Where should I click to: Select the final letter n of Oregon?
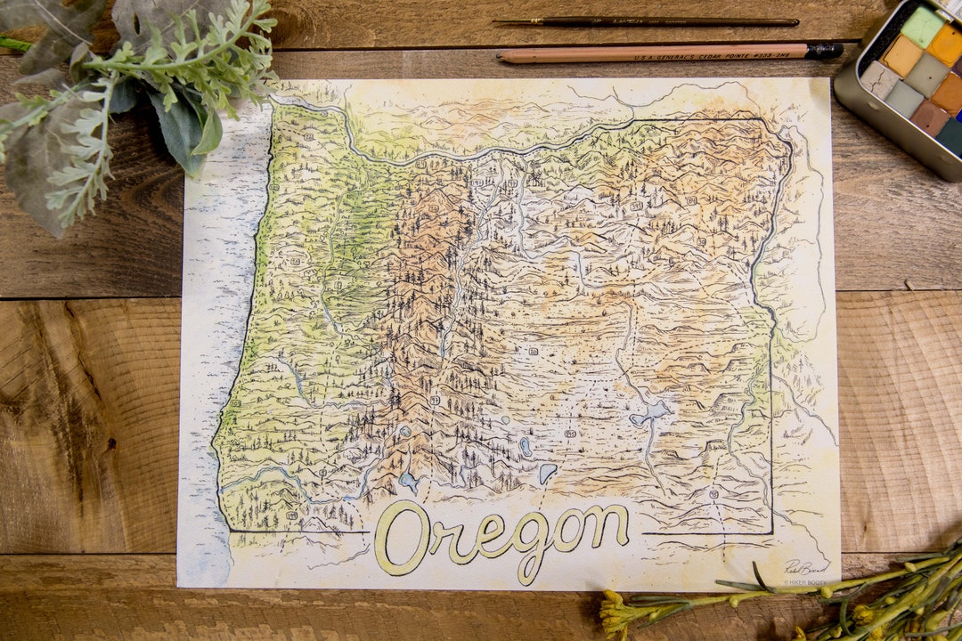pos(610,528)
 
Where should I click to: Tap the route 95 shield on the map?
pos(713,492)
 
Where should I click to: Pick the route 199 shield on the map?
pos(292,515)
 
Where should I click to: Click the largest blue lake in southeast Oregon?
pos(650,412)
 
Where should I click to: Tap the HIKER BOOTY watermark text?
pos(805,582)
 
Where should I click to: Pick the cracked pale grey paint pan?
pos(881,79)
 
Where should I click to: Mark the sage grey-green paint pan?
pos(928,72)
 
